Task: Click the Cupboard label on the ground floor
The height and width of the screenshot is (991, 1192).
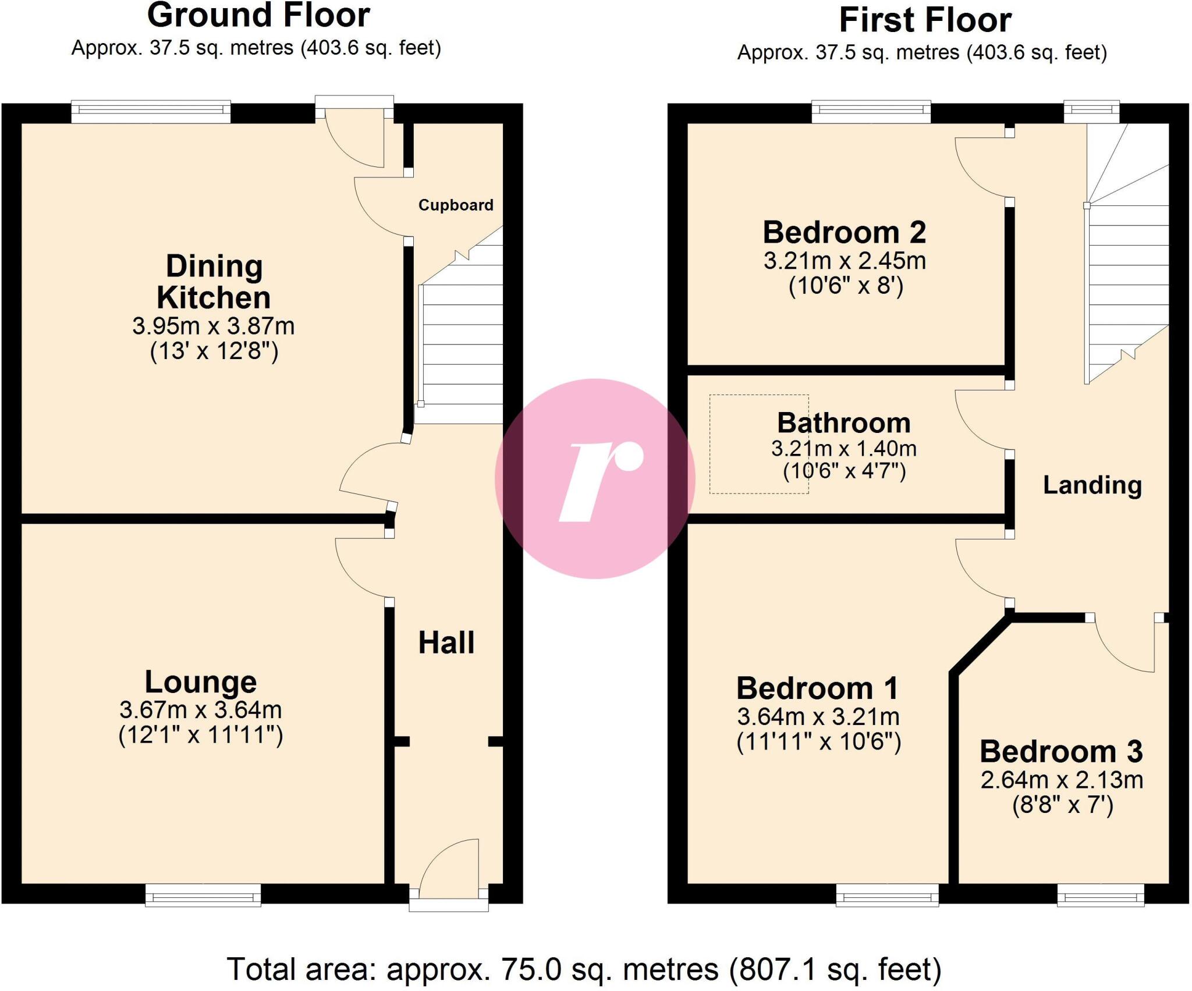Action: pos(456,205)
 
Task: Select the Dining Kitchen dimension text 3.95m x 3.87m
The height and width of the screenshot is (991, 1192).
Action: pos(213,326)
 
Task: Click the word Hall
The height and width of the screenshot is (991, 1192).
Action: pos(446,643)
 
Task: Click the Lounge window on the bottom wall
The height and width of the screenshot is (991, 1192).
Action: pos(203,896)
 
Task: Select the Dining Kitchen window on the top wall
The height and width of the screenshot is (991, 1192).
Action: pos(151,112)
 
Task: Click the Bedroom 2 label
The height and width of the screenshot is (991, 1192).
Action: pos(844,232)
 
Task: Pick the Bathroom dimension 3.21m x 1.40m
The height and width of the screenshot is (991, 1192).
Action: pos(844,449)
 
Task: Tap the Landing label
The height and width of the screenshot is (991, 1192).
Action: pos(1092,485)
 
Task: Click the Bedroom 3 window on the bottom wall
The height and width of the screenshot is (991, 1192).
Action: pos(1100,896)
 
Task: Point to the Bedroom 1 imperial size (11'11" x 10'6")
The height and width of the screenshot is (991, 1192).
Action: pos(818,742)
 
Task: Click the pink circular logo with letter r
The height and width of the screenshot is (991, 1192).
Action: pos(595,478)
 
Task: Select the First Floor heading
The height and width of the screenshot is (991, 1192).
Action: pos(925,20)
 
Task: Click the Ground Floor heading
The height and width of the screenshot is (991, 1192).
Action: pos(258,15)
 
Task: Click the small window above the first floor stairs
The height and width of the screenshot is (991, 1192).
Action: pos(1091,112)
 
